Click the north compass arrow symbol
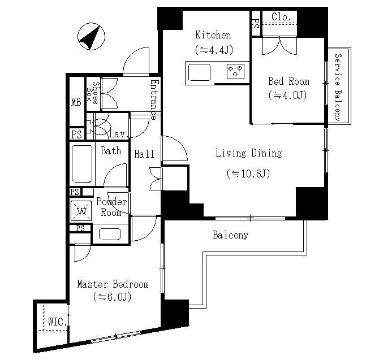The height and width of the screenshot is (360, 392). pyautogui.click(x=91, y=37)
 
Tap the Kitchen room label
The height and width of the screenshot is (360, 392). pyautogui.click(x=213, y=35)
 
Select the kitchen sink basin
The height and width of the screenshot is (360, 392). pyautogui.click(x=199, y=72)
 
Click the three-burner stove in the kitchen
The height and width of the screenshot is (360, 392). pyautogui.click(x=235, y=71)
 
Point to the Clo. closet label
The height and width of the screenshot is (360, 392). pyautogui.click(x=282, y=17)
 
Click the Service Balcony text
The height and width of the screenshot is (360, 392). pyautogui.click(x=338, y=87)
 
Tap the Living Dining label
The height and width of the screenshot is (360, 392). pyautogui.click(x=249, y=153)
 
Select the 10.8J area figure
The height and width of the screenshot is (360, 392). pyautogui.click(x=248, y=174)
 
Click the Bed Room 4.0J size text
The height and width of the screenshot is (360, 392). pyautogui.click(x=287, y=95)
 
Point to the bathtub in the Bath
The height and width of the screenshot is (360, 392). pyautogui.click(x=82, y=164)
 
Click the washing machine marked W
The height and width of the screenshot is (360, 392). pyautogui.click(x=81, y=211)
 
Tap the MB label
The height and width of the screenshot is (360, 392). pyautogui.click(x=76, y=102)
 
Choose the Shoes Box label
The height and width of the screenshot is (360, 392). pyautogui.click(x=92, y=93)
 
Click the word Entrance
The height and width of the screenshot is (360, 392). pyautogui.click(x=154, y=99)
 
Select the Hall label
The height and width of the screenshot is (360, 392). pyautogui.click(x=144, y=154)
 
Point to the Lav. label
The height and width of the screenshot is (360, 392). pyautogui.click(x=119, y=135)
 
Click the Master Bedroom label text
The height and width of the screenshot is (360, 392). pyautogui.click(x=113, y=284)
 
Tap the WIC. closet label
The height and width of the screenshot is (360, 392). pyautogui.click(x=58, y=322)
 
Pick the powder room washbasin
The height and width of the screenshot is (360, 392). pyautogui.click(x=110, y=235)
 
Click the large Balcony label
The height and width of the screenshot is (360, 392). pyautogui.click(x=230, y=235)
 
